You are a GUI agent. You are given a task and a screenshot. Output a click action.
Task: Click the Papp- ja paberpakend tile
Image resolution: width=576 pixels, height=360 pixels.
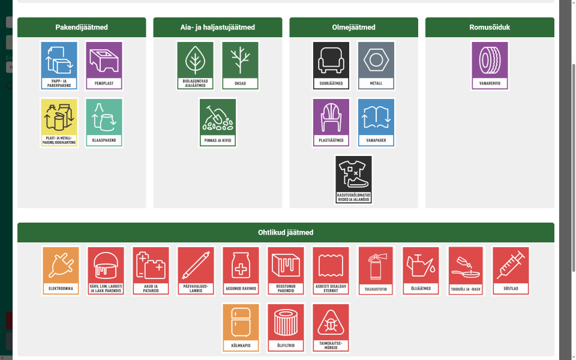[x=59, y=65]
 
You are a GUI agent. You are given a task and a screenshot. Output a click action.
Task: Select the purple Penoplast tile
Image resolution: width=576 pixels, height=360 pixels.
[x=104, y=65]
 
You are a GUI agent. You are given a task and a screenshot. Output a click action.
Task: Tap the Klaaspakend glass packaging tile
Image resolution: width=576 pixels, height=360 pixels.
[x=104, y=122]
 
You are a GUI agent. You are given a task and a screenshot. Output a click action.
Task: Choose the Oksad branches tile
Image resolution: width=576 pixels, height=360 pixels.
[x=240, y=65]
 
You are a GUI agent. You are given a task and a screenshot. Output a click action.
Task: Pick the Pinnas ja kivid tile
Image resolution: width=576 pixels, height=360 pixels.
[x=218, y=122]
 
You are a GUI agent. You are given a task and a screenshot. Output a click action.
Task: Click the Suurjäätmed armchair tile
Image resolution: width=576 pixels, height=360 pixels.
[x=331, y=65]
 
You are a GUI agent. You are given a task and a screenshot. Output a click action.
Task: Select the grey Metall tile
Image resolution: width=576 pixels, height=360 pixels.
[x=376, y=65]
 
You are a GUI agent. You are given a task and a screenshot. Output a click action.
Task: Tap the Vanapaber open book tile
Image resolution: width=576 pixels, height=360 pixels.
[x=376, y=122]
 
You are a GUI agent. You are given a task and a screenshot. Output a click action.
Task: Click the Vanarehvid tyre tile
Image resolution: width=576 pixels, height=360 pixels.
[x=490, y=65]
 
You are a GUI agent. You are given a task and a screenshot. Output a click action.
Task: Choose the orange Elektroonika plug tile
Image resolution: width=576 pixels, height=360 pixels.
[x=61, y=271]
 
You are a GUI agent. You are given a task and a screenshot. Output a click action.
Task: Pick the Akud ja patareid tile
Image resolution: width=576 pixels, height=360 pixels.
[x=151, y=271]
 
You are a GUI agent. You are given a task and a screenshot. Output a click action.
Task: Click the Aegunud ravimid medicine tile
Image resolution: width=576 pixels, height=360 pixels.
[x=241, y=271]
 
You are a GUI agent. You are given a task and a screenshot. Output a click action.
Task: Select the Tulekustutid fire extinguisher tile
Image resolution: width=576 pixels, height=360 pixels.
[x=376, y=271]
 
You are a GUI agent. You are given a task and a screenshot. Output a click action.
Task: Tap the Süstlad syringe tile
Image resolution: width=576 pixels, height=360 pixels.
[x=511, y=271]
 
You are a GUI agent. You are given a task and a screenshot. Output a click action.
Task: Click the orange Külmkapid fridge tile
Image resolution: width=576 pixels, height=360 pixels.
[x=241, y=328]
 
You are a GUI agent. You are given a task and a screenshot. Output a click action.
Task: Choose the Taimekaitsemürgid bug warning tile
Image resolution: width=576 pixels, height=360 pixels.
[x=331, y=328]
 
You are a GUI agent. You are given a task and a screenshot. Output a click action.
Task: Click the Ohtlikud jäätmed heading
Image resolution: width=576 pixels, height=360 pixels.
[x=286, y=233]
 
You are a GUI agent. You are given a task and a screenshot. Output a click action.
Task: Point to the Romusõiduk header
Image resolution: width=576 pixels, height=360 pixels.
[x=490, y=27]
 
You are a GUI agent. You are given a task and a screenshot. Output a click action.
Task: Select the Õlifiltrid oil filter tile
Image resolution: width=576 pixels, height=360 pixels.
[x=286, y=328]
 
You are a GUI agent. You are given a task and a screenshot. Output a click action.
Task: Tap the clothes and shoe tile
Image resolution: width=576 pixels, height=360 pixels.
[x=353, y=179]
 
